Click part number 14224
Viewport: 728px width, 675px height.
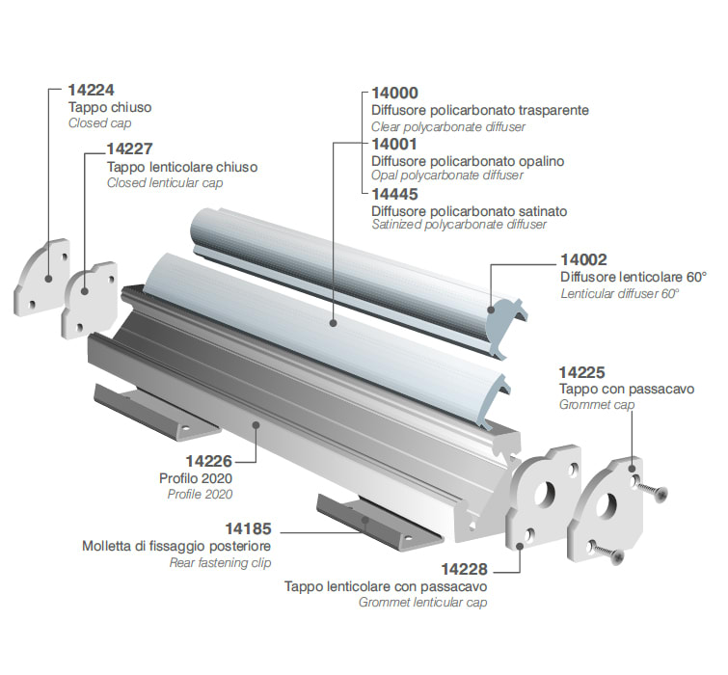pos(91,91)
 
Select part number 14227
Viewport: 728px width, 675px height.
pos(129,149)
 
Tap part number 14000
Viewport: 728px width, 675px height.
pos(395,94)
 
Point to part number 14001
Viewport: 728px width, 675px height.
pos(395,144)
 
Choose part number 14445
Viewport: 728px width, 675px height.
pos(395,194)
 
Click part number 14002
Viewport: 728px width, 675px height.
pos(583,260)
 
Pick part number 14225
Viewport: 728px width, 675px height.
pos(582,372)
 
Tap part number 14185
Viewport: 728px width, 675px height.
pos(249,528)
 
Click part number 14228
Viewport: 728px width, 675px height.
pos(464,569)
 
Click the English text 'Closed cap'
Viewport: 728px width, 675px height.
pos(99,123)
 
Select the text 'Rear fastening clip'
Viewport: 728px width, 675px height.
pos(220,562)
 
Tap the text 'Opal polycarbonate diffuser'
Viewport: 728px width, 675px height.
pos(447,175)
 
